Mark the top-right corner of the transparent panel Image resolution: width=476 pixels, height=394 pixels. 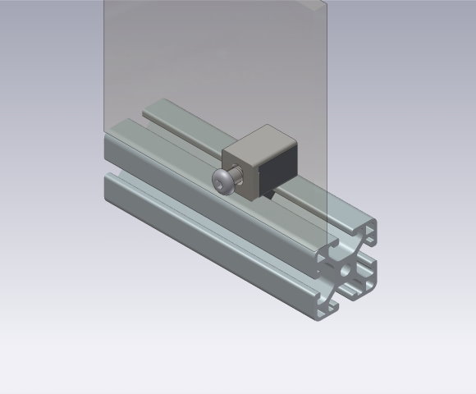coord(329,2)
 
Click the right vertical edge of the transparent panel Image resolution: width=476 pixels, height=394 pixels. coord(330,123)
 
